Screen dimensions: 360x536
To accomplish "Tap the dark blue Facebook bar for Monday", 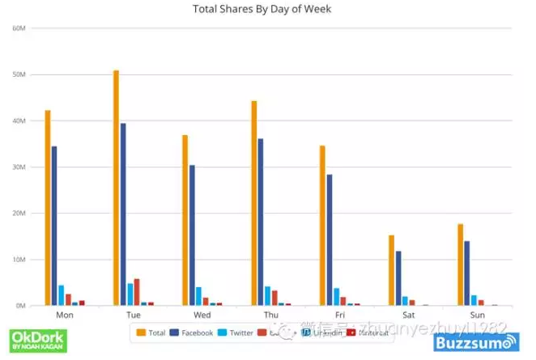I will point(54,226).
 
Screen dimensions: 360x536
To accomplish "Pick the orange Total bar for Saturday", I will point(391,270).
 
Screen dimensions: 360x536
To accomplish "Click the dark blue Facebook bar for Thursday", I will point(261,222).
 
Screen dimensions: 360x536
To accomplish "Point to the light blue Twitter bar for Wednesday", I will point(198,296).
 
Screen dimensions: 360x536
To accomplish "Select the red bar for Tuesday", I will point(137,292).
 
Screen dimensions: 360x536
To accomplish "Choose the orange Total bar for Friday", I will point(322,226).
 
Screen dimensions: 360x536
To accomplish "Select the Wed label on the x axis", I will point(202,314).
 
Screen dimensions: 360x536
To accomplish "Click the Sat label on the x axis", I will point(408,314).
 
